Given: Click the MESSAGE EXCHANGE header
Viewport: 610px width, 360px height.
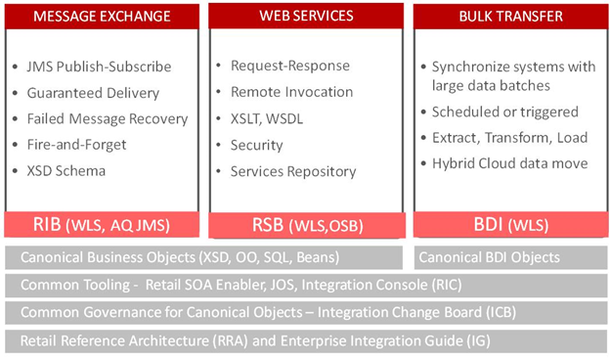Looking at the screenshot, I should point(103,17).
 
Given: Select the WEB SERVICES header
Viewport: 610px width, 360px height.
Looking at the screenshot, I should point(305,18).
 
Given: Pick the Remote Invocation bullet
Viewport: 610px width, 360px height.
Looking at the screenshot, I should point(291,92).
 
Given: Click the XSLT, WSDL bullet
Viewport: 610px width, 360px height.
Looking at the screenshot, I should point(269,118).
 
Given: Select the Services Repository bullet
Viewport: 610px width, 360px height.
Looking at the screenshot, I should point(292,171).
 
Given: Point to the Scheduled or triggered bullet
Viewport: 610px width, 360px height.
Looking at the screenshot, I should point(512,112).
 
